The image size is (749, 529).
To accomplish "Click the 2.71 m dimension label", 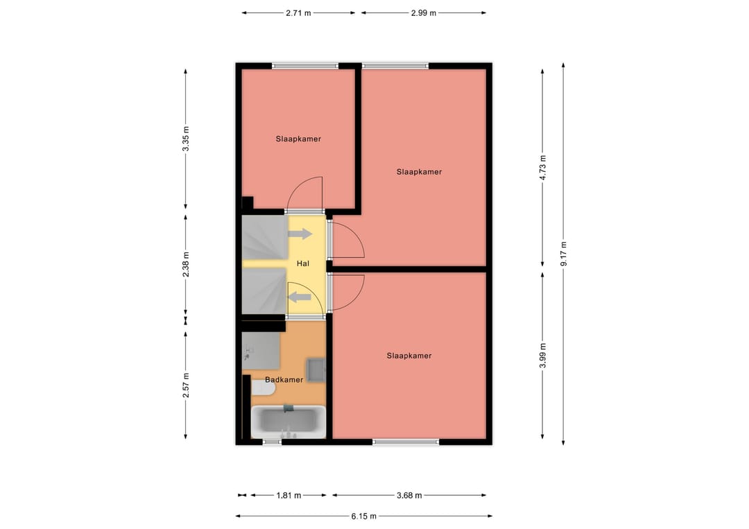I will pyautogui.click(x=298, y=12).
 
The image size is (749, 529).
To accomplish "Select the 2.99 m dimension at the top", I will pyautogui.click(x=423, y=12).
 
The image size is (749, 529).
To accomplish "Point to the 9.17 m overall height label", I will pyautogui.click(x=564, y=254).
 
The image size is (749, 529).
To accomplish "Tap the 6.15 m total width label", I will pyautogui.click(x=363, y=516).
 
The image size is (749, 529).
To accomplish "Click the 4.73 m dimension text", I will pyautogui.click(x=543, y=167).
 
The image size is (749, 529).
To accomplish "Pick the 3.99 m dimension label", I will pyautogui.click(x=543, y=356).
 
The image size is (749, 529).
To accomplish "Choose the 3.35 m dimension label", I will pyautogui.click(x=186, y=138).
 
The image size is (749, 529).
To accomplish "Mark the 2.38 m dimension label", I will pyautogui.click(x=186, y=264).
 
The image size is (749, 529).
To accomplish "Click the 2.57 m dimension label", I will pyautogui.click(x=186, y=385).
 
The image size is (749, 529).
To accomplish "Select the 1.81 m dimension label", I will pyautogui.click(x=289, y=496).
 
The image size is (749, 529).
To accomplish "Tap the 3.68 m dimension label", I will pyautogui.click(x=409, y=496).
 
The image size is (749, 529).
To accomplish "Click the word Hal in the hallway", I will pyautogui.click(x=302, y=264).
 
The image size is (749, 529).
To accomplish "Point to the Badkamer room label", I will pyautogui.click(x=284, y=380).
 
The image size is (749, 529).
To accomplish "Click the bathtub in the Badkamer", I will pyautogui.click(x=288, y=421).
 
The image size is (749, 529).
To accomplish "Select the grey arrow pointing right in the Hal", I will pyautogui.click(x=300, y=234).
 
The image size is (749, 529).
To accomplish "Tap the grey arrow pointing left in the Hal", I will pyautogui.click(x=299, y=297).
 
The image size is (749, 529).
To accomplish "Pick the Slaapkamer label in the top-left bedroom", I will pyautogui.click(x=298, y=139).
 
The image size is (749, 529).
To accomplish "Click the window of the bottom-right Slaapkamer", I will pyautogui.click(x=406, y=442).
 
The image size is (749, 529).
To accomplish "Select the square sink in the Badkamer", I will pyautogui.click(x=317, y=369).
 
